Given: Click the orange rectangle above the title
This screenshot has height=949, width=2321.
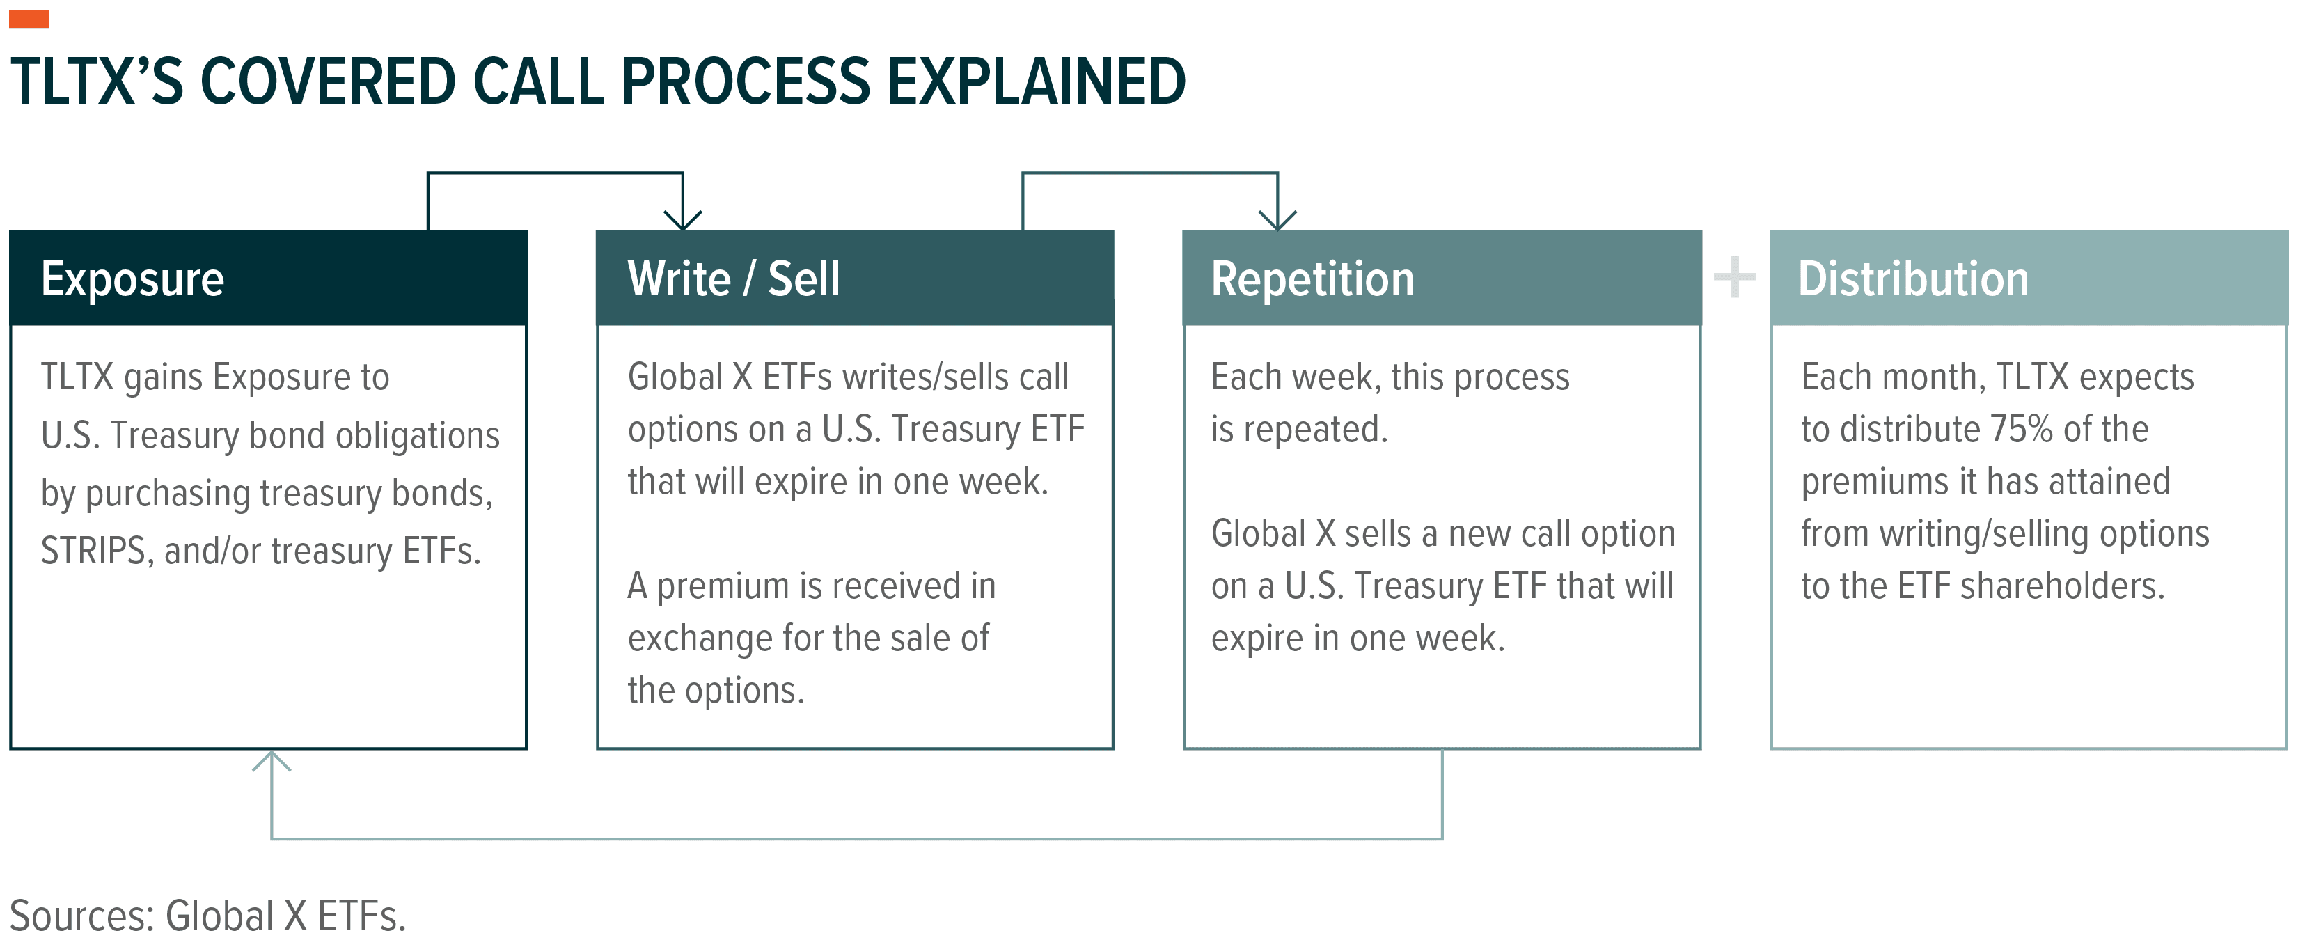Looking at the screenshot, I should [29, 19].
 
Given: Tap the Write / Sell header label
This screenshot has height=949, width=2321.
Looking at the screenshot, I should [734, 279].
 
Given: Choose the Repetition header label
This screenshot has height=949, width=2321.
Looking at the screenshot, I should [1312, 279].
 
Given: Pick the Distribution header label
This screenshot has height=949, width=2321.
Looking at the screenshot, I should [1913, 279].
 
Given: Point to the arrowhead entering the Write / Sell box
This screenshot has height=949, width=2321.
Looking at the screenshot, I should [683, 221].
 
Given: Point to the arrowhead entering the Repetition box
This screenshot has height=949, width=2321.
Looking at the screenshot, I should [1277, 221].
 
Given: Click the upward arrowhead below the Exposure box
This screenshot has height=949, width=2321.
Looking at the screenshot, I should [272, 762].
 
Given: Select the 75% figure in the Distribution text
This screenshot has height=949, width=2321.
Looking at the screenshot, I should [2022, 429].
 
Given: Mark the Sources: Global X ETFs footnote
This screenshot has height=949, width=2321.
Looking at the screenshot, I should [207, 916].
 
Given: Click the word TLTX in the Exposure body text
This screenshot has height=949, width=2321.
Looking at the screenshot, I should [77, 377].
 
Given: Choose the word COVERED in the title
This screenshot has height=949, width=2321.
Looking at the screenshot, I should [324, 81].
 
